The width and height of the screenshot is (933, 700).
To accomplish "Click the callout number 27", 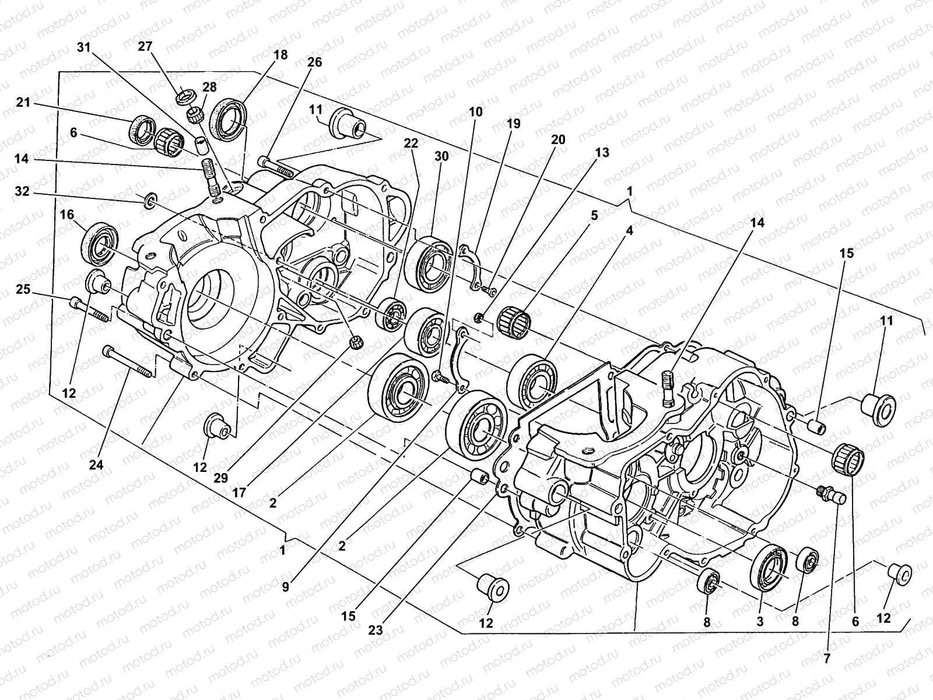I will [x=145, y=47].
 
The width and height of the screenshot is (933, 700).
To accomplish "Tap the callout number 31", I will [x=84, y=48].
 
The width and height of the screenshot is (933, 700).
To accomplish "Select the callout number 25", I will [x=23, y=290].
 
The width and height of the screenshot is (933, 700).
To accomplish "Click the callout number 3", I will [x=760, y=622].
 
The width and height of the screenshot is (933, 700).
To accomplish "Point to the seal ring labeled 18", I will [x=232, y=116].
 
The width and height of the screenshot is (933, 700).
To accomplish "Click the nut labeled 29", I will [x=353, y=341].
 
